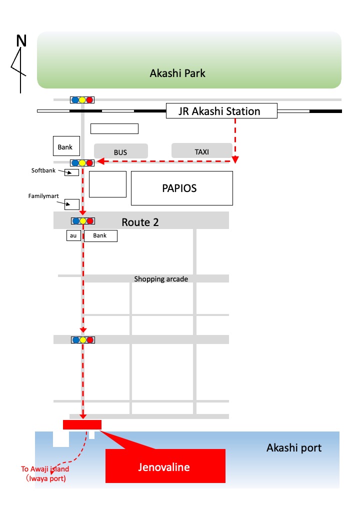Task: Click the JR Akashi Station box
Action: [221, 111]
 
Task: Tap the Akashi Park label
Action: [177, 73]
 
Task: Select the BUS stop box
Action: [121, 151]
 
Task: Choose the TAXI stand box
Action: [202, 151]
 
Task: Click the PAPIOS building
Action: [182, 188]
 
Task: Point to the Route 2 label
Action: [140, 222]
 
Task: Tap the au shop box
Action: [73, 235]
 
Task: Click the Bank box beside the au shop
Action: [100, 236]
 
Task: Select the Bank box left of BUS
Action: [66, 146]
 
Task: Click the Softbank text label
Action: [43, 170]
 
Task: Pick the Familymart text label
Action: [43, 196]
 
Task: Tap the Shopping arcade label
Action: [161, 279]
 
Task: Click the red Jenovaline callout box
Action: [165, 466]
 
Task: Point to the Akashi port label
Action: [294, 447]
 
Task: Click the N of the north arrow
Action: [21, 41]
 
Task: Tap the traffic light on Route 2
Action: [83, 221]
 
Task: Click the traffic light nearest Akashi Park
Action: [82, 99]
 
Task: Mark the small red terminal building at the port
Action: [82, 424]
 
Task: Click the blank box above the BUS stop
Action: [114, 128]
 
